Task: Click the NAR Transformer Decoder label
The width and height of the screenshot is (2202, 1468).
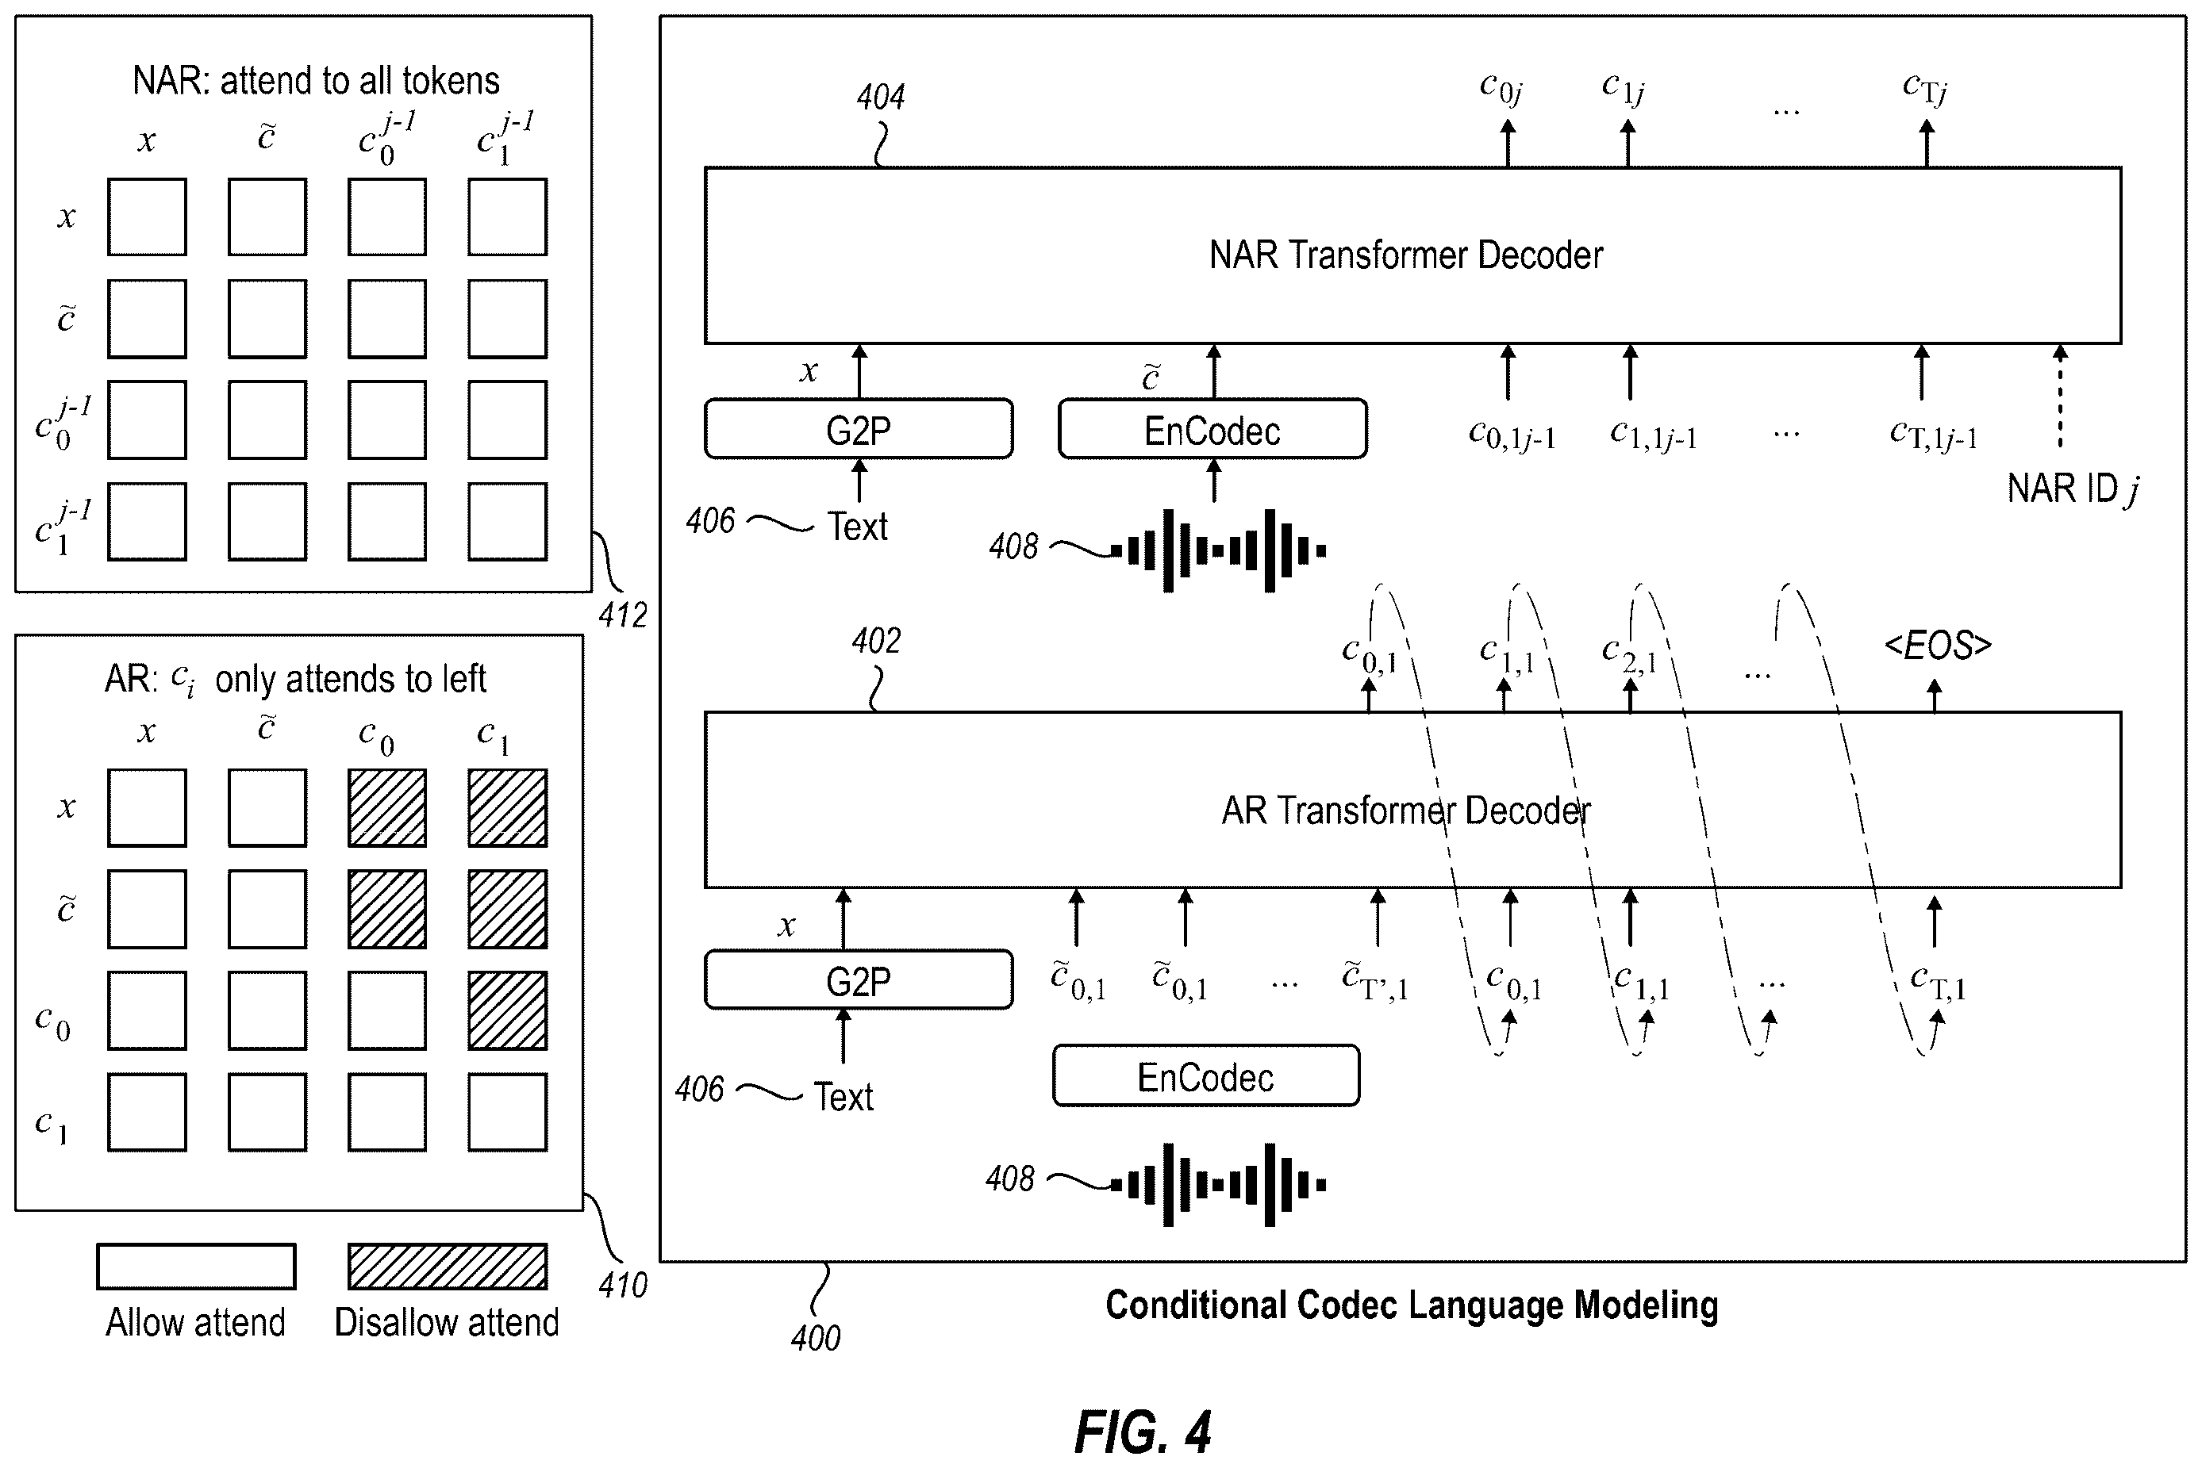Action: tap(1406, 255)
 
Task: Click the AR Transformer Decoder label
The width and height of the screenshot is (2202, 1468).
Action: tap(1406, 811)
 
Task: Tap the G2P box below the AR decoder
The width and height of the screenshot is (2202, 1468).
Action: tap(858, 980)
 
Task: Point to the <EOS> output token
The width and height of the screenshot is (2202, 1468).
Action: tap(1938, 645)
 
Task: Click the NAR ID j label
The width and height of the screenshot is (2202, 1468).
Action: tap(2073, 489)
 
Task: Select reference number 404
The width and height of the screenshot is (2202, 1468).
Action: tap(881, 98)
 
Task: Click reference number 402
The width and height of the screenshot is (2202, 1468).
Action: tap(876, 642)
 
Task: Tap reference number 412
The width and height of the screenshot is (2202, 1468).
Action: tap(623, 615)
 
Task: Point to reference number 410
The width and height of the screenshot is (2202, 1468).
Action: tap(623, 1286)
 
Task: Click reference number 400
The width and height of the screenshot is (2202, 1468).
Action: tap(816, 1339)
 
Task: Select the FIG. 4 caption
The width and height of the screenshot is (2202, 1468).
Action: tap(1143, 1432)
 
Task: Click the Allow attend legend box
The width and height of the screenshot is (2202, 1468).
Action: tap(197, 1267)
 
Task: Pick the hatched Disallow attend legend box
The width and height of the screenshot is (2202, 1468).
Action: tap(448, 1267)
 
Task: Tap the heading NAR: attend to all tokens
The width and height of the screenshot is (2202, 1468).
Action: tap(316, 82)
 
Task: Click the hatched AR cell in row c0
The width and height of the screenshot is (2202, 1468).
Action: tap(508, 1010)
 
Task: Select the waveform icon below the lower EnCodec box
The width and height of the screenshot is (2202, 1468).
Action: tap(1217, 1185)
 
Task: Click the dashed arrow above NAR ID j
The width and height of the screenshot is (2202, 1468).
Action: tap(2060, 396)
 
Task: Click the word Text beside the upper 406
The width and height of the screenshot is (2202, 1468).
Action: tap(857, 527)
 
